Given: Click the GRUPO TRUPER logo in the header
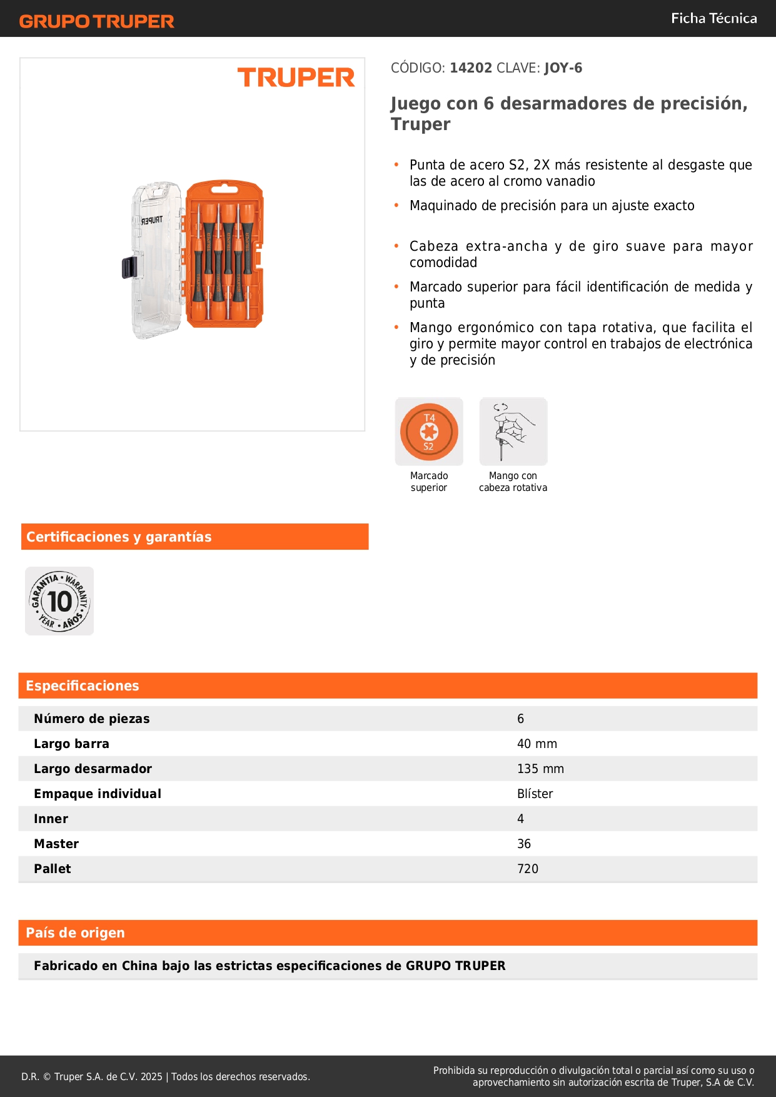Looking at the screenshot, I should pos(97,21).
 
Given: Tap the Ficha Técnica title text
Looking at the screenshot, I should pos(713,18).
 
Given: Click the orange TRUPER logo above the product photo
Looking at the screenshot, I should pos(296,78).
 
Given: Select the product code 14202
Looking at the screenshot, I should pos(471,68).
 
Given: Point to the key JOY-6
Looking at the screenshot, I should pos(563,68).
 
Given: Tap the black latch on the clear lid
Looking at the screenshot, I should pos(129,268).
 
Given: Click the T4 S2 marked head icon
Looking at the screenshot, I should pos(429,432).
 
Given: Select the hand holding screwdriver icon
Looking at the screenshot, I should pos(513,432).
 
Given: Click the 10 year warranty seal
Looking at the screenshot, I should pos(59,601).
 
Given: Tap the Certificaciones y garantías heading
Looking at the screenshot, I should pos(119,537).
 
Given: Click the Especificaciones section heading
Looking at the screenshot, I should pos(82,685).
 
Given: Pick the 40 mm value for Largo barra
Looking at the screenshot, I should pos(537,744).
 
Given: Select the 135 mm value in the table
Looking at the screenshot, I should pos(540,769).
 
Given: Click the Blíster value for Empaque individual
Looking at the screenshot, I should pos(535,794).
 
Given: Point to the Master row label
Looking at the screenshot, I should pos(56,844).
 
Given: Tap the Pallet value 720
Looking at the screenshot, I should pos(527,869).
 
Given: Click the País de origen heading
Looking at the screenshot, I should pos(75,933).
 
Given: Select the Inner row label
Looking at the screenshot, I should pos(51,819).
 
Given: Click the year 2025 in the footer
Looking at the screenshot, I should pos(151,1076).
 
